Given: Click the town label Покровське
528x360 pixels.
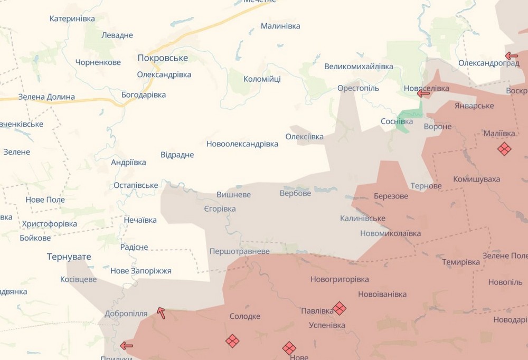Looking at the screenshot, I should [163, 58].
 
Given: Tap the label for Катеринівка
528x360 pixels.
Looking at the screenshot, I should [72, 18].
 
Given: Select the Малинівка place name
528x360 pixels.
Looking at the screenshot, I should [280, 26].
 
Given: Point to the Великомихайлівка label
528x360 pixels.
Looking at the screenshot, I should [359, 66].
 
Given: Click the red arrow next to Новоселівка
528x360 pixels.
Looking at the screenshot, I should [423, 93].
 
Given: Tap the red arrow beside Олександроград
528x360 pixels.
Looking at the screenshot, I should [511, 55].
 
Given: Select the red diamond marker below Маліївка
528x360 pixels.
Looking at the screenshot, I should [504, 149].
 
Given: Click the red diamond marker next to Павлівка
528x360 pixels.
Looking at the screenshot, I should [340, 308].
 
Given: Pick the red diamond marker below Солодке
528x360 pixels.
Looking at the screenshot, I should [232, 341].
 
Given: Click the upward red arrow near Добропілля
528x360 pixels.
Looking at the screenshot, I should [162, 313].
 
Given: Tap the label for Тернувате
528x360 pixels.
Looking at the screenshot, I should [69, 257].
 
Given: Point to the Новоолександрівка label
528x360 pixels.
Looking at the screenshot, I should [242, 144].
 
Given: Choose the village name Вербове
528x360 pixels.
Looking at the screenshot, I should [295, 193].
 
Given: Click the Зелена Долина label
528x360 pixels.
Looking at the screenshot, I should [46, 97].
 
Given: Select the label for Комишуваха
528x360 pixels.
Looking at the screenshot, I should [476, 179].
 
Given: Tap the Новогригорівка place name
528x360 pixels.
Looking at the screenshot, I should [340, 279].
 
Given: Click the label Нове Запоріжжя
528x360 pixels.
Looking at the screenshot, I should [141, 271].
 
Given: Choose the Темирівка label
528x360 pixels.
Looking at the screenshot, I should [461, 262].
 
